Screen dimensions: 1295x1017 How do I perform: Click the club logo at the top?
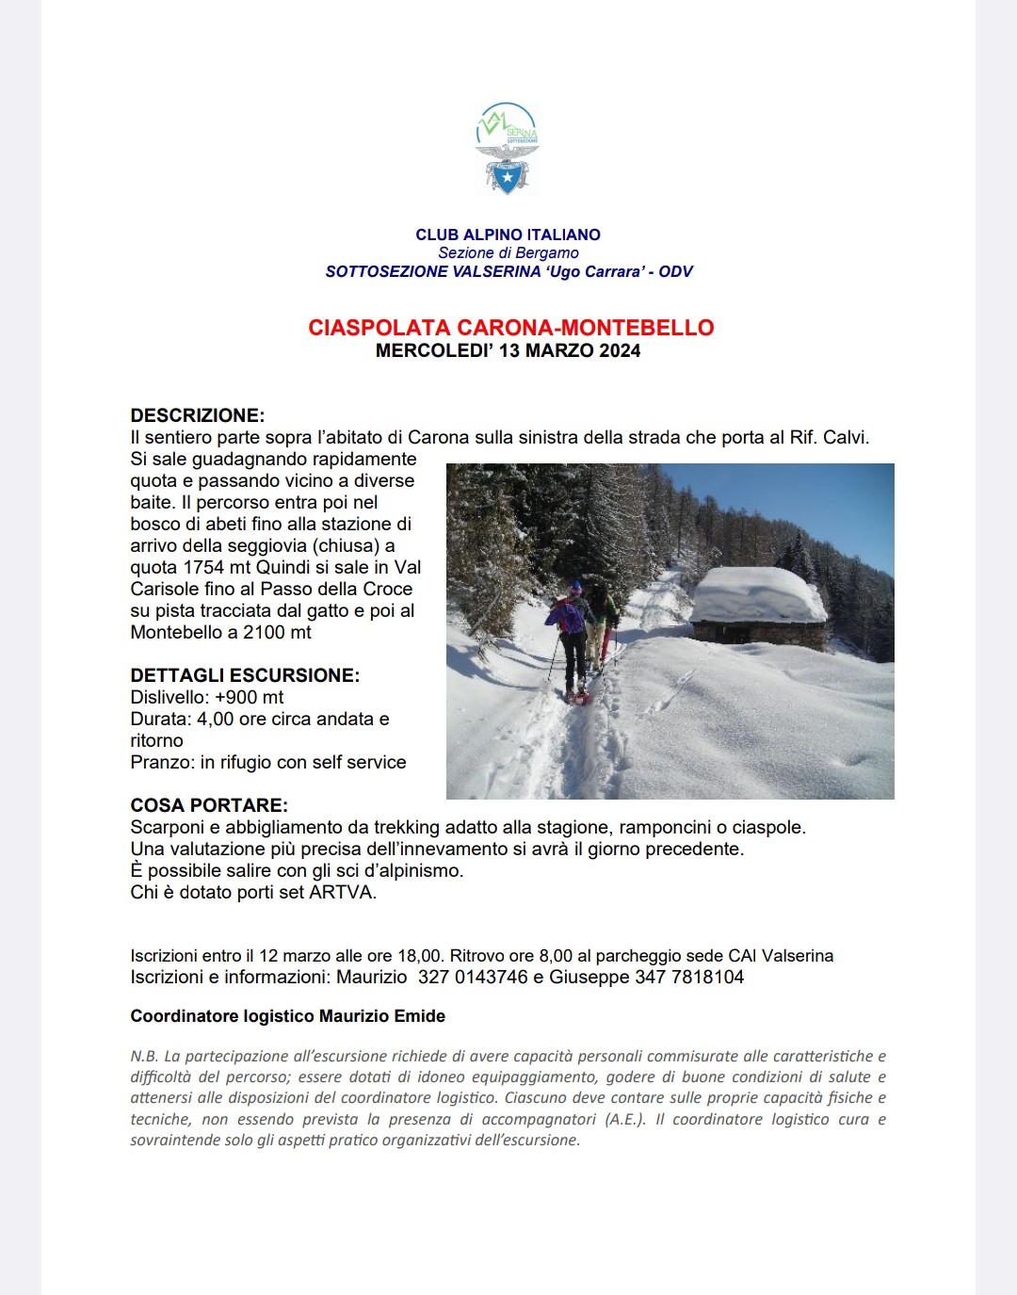tap(508, 149)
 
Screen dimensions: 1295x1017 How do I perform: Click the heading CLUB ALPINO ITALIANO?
tap(508, 235)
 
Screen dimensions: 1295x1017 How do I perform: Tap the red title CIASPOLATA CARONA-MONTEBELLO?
tap(510, 328)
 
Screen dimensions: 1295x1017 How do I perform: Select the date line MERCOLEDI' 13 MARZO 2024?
tap(508, 350)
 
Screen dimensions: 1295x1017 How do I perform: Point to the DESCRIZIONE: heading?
tap(197, 415)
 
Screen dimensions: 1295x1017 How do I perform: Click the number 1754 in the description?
tap(202, 567)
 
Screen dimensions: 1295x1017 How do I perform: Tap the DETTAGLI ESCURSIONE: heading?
tap(245, 675)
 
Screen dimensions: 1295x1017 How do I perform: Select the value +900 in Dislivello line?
tap(237, 697)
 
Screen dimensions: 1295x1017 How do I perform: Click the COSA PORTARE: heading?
tap(209, 805)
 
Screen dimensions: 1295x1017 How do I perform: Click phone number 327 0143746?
tap(473, 977)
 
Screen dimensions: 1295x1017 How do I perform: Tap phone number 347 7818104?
tap(689, 977)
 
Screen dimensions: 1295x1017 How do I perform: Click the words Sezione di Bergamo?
tap(508, 252)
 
